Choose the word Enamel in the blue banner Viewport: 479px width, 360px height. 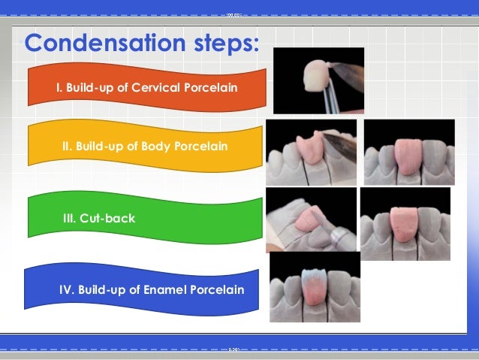coord(164,289)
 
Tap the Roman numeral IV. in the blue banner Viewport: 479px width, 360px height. coord(68,289)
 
